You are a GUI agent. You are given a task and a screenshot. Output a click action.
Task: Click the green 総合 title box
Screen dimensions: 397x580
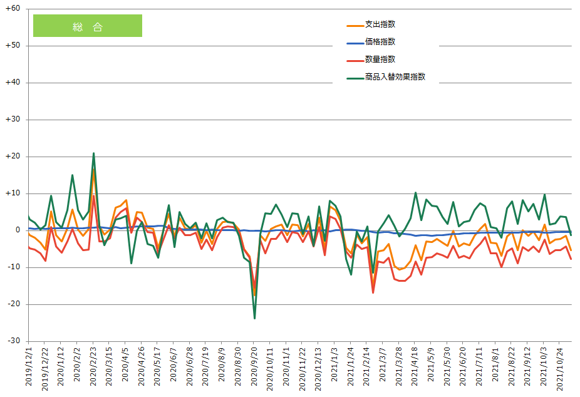click(87, 26)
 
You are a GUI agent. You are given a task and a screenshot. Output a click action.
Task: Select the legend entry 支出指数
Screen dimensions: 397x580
click(380, 24)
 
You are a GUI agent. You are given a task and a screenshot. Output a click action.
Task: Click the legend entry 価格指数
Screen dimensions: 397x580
click(380, 42)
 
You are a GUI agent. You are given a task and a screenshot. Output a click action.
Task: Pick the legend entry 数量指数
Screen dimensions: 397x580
click(380, 59)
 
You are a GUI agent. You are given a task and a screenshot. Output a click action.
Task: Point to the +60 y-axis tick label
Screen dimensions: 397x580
click(13, 9)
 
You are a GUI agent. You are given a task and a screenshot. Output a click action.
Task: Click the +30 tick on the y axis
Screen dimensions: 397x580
click(13, 120)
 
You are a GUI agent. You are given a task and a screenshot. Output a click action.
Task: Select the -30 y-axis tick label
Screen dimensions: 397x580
click(14, 341)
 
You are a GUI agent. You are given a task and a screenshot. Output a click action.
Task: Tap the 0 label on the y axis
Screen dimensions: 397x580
click(18, 230)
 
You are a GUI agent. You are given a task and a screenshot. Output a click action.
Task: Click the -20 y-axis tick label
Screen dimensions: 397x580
click(14, 304)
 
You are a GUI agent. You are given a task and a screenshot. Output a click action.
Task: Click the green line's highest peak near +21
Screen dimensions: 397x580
click(93, 153)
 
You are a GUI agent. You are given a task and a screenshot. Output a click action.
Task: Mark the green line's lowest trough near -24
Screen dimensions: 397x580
click(254, 318)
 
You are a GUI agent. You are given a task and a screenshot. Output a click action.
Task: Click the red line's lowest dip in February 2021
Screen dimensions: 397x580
click(373, 292)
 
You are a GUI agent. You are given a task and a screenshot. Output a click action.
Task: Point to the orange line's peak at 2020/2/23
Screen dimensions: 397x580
click(93, 170)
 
